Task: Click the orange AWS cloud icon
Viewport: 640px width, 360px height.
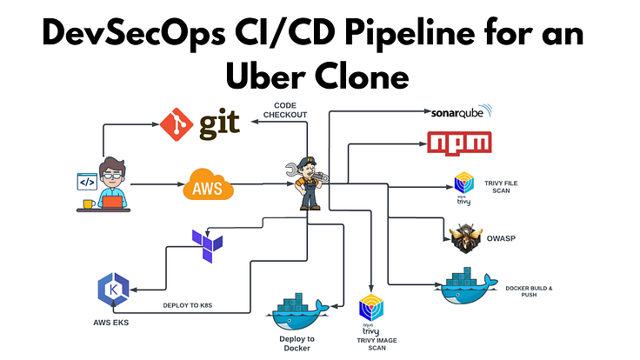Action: click(x=210, y=184)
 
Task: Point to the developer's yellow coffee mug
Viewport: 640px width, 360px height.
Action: click(x=89, y=204)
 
